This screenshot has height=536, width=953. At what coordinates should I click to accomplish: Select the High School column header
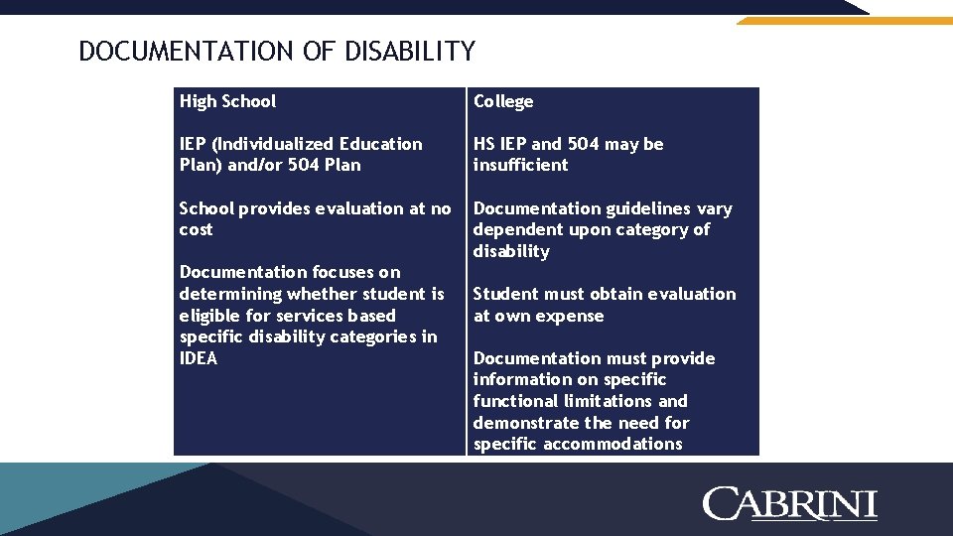[x=227, y=101]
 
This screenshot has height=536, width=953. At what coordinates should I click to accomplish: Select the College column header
[x=503, y=101]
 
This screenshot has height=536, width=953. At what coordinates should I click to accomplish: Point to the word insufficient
[x=520, y=165]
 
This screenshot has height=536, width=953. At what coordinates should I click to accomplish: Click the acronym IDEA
[x=199, y=358]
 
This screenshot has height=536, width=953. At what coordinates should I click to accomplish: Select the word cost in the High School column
[x=196, y=229]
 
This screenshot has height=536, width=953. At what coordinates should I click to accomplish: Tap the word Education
[x=381, y=144]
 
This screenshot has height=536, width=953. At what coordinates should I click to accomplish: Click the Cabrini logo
[x=790, y=503]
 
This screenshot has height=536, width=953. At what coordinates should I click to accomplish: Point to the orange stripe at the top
[x=844, y=20]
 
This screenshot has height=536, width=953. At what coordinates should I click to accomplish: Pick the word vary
[x=714, y=208]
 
